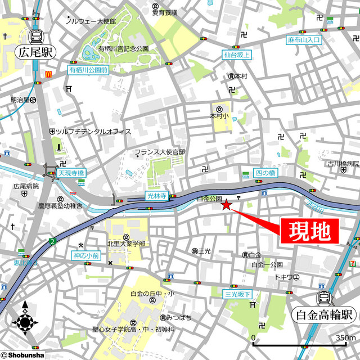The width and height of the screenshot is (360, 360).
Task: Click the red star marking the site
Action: click(x=226, y=205)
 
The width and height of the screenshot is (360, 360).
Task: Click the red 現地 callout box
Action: click(x=309, y=231)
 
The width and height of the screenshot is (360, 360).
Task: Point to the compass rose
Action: click(x=25, y=323)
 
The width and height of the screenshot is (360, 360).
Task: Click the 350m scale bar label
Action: click(x=345, y=337)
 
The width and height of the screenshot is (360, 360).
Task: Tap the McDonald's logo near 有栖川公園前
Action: click(x=49, y=73)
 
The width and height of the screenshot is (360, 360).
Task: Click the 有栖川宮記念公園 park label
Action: click(x=124, y=49)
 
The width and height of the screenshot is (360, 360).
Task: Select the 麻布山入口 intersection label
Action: click(x=303, y=40)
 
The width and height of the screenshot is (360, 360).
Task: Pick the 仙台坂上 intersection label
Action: click(x=237, y=55)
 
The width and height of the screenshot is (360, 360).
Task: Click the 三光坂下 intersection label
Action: click(x=238, y=294)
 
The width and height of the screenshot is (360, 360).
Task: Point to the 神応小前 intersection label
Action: click(x=85, y=255)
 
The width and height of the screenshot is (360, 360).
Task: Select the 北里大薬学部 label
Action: click(x=126, y=244)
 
